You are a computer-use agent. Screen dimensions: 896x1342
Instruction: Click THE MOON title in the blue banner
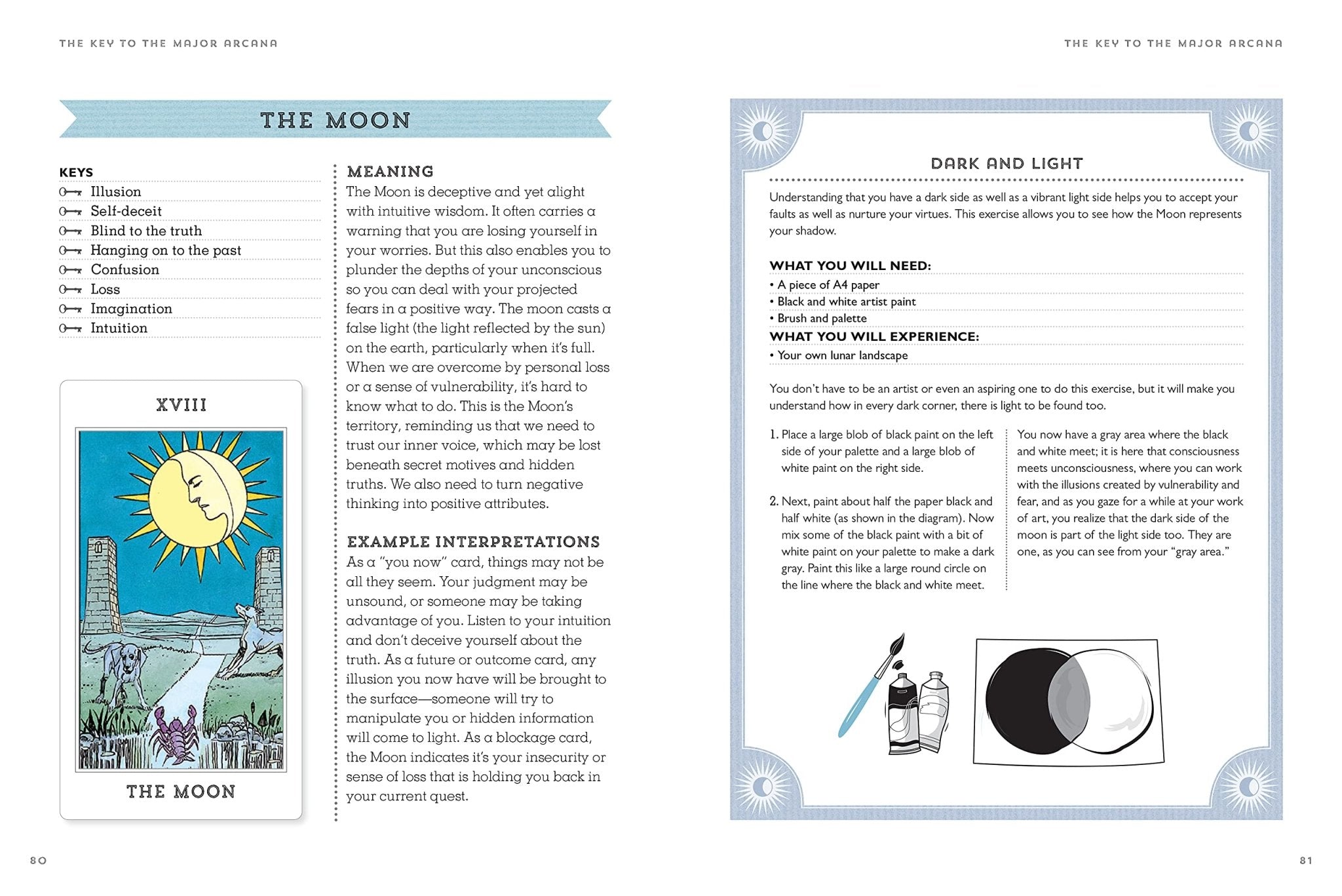point(335,120)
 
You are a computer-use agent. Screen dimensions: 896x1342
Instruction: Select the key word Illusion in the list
point(115,191)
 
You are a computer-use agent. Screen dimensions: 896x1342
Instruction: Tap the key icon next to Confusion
point(70,270)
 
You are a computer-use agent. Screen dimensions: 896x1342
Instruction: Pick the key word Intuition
point(119,328)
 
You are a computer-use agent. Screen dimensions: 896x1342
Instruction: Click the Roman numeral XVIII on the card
point(182,405)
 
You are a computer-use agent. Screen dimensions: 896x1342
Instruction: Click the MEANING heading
point(390,172)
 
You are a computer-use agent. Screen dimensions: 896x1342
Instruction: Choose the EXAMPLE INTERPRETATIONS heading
point(473,542)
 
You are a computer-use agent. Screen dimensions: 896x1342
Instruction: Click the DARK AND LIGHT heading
point(1006,164)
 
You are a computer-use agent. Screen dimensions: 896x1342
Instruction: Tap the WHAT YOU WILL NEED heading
point(850,265)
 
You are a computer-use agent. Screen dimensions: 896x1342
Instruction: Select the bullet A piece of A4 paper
point(828,285)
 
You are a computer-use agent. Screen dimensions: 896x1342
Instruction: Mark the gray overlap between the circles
point(1068,698)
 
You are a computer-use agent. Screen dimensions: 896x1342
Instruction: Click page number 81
point(1306,861)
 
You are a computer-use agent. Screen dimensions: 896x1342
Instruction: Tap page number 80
point(39,861)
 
